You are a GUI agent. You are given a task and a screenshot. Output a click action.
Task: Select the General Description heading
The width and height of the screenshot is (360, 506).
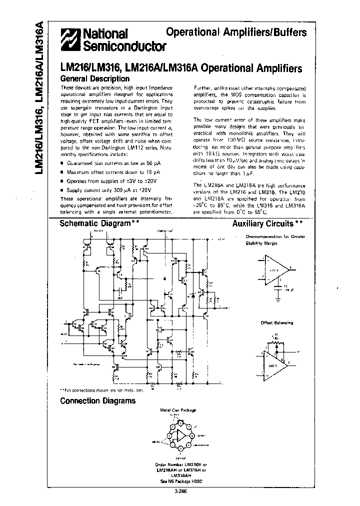tap(94, 78)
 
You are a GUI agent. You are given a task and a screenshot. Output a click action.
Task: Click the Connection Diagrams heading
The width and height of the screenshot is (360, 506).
tap(97, 400)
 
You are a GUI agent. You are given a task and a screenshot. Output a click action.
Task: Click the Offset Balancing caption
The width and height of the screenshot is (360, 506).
tap(276, 323)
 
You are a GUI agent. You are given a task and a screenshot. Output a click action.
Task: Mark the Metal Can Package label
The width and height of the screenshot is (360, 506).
tap(178, 410)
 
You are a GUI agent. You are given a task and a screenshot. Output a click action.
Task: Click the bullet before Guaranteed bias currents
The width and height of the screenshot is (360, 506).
tap(62, 163)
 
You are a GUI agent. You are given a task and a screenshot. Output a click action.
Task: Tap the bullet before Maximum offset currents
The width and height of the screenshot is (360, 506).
tap(62, 172)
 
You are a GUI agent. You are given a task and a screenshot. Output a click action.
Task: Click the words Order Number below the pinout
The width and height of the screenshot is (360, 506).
tap(166, 464)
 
